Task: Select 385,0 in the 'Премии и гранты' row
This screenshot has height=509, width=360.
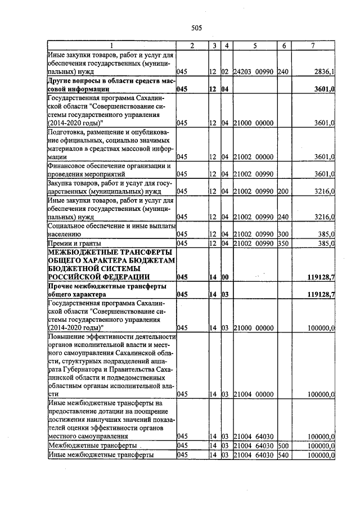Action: click(326, 243)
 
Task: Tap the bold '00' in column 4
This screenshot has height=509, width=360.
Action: click(225, 277)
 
